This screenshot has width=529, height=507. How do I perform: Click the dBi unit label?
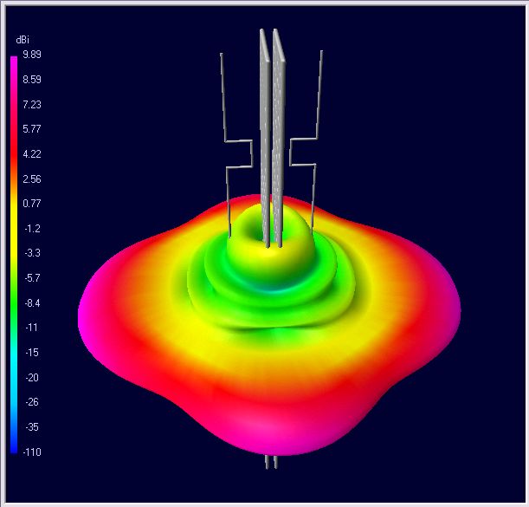pos(23,40)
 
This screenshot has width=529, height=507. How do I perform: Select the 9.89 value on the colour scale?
pos(32,55)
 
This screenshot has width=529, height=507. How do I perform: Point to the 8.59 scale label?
pos(32,80)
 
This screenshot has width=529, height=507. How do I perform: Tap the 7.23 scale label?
pos(32,104)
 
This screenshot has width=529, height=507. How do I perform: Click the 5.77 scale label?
pos(32,128)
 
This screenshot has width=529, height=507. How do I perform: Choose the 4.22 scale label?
pos(32,154)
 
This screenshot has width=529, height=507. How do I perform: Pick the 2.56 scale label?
pos(32,179)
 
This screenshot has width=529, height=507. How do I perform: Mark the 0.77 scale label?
pos(32,204)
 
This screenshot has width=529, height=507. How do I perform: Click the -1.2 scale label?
pos(32,229)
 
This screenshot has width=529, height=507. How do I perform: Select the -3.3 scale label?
pos(32,253)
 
